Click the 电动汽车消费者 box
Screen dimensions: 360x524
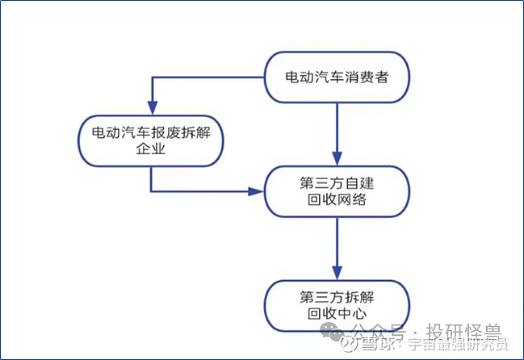pyautogui.click(x=337, y=77)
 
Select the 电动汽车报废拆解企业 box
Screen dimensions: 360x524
pyautogui.click(x=150, y=140)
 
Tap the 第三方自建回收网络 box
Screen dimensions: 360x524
pyautogui.click(x=337, y=191)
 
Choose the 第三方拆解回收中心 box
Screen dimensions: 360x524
pyautogui.click(x=337, y=304)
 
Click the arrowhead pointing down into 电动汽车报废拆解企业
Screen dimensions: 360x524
pyautogui.click(x=151, y=107)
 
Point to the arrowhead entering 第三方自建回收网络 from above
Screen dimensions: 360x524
pyautogui.click(x=337, y=158)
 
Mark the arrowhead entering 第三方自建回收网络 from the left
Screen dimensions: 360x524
pyautogui.click(x=258, y=191)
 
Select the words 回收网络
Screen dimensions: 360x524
pyautogui.click(x=337, y=200)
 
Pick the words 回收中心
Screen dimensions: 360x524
pyautogui.click(x=337, y=313)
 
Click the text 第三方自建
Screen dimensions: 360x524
pyautogui.click(x=337, y=182)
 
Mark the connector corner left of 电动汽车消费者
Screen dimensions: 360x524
pyautogui.click(x=151, y=77)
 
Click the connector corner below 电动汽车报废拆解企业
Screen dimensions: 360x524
pyautogui.click(x=151, y=191)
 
